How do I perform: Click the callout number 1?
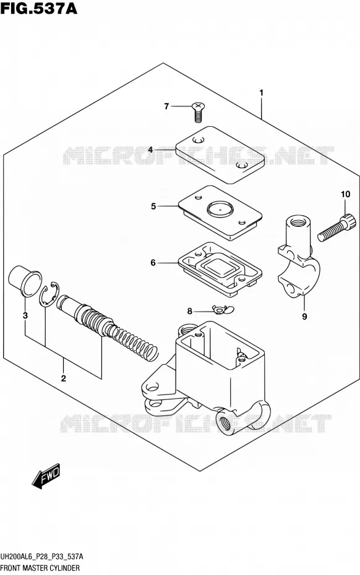point(261,93)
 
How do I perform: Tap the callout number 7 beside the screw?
point(166,106)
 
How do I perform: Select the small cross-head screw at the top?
point(198,112)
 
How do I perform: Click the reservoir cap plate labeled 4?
point(220,155)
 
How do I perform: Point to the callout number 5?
point(153,207)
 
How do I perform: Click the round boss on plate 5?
point(220,209)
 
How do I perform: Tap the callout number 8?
point(189,312)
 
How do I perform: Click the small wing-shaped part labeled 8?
point(222,310)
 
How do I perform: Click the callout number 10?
point(345,194)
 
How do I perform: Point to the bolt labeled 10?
point(336,228)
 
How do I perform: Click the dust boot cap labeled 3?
point(24,283)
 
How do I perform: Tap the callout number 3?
point(25,315)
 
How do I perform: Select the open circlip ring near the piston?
point(49,293)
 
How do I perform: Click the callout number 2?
point(63,378)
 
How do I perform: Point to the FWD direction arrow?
point(46,476)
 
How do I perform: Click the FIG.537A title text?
point(39,9)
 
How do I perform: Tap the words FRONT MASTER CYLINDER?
point(40,568)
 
